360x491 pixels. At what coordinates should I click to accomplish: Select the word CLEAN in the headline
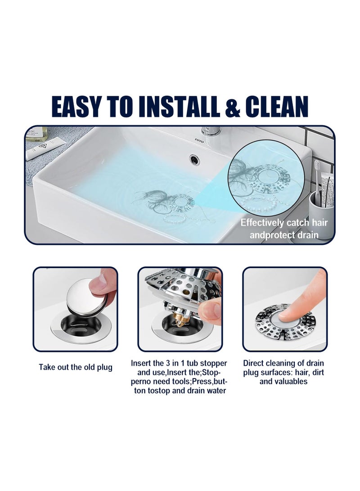tap(277, 107)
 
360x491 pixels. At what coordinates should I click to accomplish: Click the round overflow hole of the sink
tap(194, 158)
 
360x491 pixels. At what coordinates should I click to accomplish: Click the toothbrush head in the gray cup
tap(317, 167)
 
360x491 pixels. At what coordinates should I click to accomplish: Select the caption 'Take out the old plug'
tap(75, 367)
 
